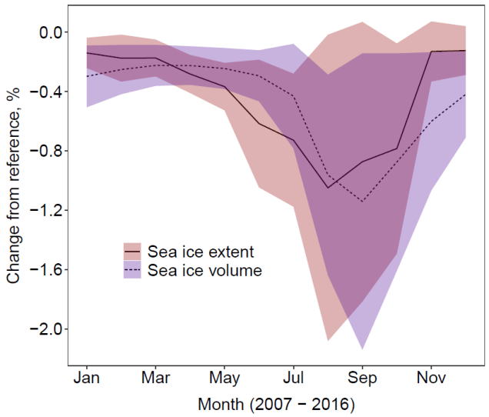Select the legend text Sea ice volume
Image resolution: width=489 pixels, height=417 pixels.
204,270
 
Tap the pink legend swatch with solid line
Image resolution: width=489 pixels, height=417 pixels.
132,252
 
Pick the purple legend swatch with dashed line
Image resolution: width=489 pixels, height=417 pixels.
132,270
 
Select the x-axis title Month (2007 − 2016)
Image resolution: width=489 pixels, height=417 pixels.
276,403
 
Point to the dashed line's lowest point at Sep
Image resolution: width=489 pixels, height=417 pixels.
361,202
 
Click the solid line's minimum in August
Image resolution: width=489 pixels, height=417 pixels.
328,188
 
